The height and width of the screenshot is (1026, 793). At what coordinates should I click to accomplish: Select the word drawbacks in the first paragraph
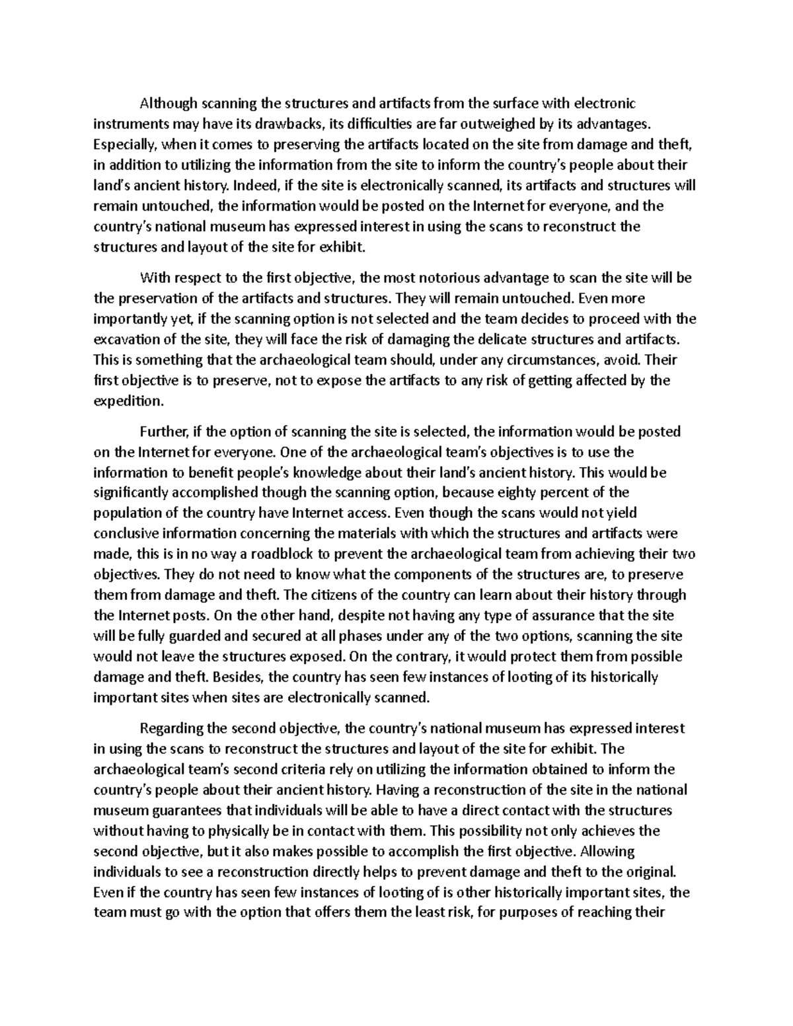[291, 124]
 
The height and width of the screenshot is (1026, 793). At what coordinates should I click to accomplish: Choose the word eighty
[510, 492]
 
